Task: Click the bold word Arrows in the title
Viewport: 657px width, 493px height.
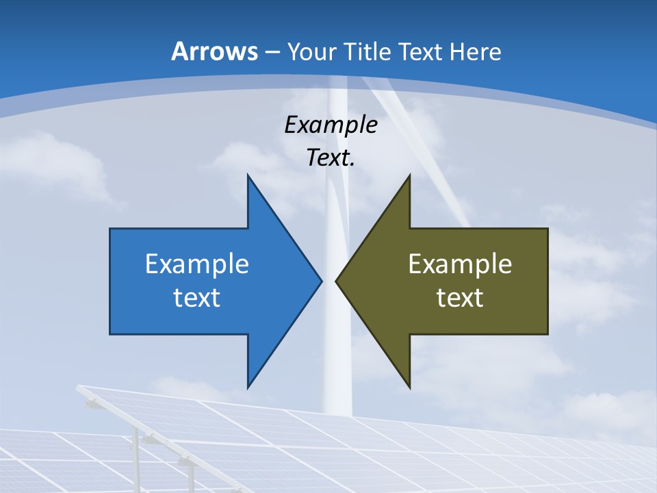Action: [214, 51]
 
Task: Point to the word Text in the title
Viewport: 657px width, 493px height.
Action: [420, 51]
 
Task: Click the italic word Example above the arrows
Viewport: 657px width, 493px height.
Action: [331, 125]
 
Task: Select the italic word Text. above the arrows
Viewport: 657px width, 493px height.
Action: [331, 158]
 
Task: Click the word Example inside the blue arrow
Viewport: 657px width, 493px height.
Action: [197, 264]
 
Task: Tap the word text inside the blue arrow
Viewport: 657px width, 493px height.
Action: [197, 298]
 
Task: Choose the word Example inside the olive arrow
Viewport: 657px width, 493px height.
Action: [460, 264]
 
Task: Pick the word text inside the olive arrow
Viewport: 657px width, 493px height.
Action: [460, 298]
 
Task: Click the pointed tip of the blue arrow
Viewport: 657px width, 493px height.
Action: [320, 281]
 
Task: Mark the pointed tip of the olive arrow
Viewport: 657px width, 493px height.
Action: [337, 281]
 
